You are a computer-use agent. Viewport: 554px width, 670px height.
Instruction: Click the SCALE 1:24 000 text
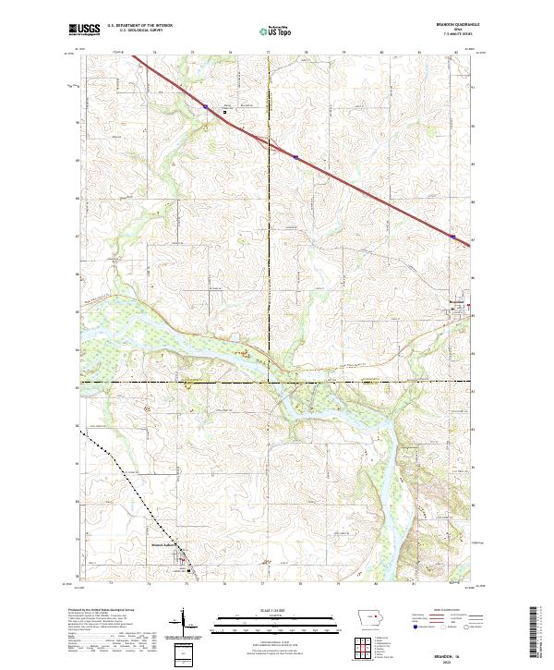(276, 609)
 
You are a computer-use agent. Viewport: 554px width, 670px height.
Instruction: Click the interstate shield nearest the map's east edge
(453, 237)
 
